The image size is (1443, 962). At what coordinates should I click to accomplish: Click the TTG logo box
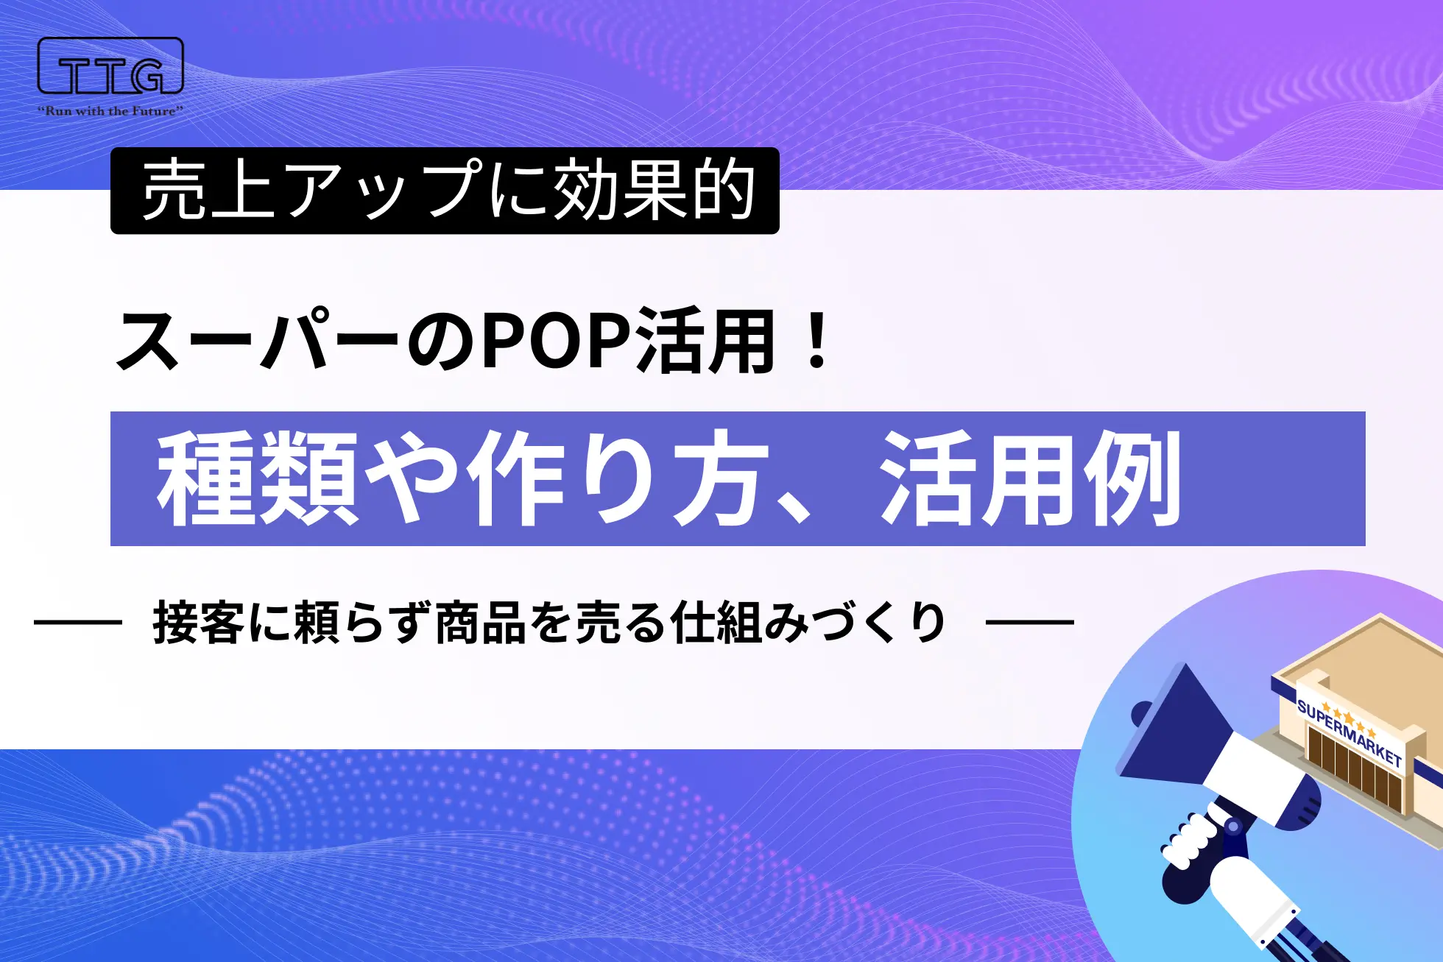(110, 66)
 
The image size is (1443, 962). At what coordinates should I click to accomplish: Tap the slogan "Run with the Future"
(110, 111)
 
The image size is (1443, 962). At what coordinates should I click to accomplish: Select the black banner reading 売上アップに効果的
(445, 191)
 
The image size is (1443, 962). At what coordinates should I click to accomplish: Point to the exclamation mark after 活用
(817, 340)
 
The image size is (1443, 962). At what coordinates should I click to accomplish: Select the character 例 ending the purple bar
(1133, 478)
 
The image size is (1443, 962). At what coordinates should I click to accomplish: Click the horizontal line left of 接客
(77, 623)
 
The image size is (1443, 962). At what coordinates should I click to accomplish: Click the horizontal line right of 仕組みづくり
(1029, 623)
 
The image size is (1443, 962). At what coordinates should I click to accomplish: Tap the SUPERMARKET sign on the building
(1349, 732)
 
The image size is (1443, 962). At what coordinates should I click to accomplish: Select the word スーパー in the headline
(258, 342)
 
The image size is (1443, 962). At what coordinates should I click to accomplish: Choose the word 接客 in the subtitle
(198, 623)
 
